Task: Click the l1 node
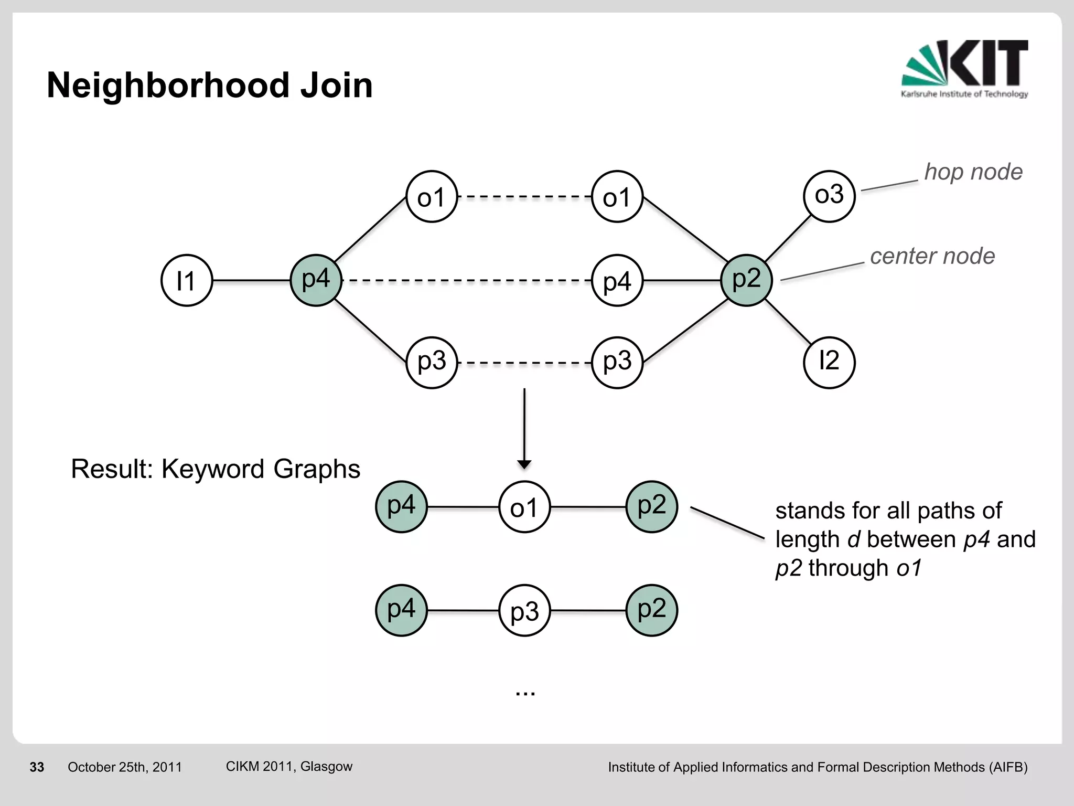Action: tap(186, 281)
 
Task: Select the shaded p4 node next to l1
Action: tap(316, 280)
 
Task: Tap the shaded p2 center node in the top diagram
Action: tap(746, 280)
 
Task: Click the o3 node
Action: tap(829, 196)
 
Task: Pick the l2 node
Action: tap(829, 362)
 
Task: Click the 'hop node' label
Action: tap(973, 172)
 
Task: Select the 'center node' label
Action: tap(932, 256)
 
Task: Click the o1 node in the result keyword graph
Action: tap(524, 507)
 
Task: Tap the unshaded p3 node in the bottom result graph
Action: tap(524, 611)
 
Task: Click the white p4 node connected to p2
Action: tap(617, 281)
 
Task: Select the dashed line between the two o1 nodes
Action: tap(524, 197)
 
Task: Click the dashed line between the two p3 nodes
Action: tap(524, 363)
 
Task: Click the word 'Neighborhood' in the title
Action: tap(168, 86)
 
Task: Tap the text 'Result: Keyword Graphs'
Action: tap(215, 469)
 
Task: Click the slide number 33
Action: tap(37, 767)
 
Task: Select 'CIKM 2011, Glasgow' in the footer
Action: tap(289, 766)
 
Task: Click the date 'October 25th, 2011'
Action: tap(124, 767)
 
